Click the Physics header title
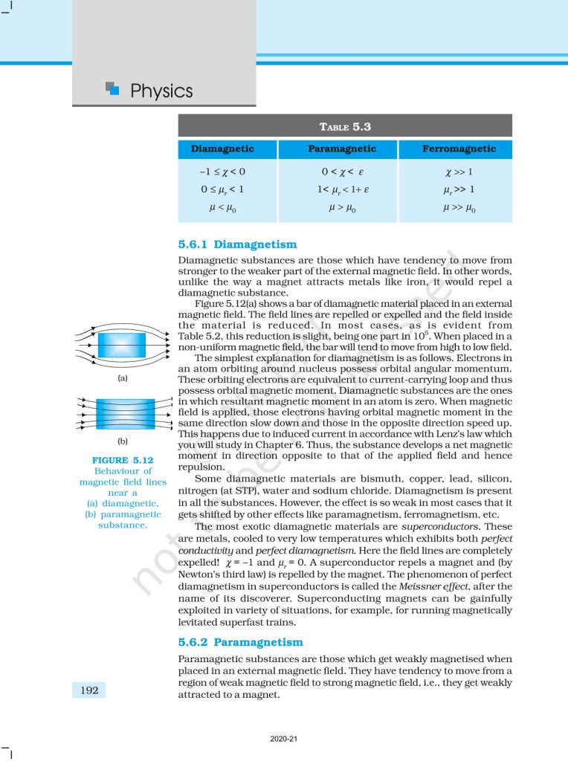pyautogui.click(x=161, y=91)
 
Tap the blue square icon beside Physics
pyautogui.click(x=112, y=88)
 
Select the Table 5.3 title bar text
pyautogui.click(x=345, y=126)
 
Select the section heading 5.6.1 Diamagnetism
pyautogui.click(x=237, y=244)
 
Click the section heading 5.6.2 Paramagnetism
pyautogui.click(x=241, y=642)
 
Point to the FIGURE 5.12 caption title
pyautogui.click(x=123, y=461)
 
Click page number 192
pyautogui.click(x=89, y=690)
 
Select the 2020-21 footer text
pyautogui.click(x=284, y=739)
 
